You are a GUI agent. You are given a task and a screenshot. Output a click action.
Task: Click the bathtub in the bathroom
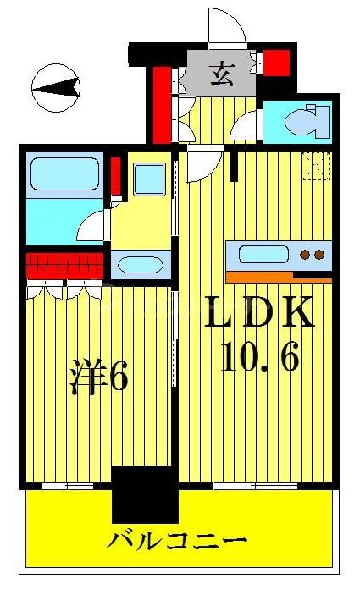(x=66, y=174)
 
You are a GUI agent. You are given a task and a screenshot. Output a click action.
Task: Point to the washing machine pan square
(x=151, y=180)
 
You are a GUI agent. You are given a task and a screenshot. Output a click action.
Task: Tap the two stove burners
(x=312, y=254)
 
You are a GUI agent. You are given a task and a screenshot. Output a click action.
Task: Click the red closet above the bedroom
(x=64, y=266)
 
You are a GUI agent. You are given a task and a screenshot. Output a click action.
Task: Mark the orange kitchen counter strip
(x=278, y=276)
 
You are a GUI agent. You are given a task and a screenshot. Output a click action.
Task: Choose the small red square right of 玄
(x=277, y=62)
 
